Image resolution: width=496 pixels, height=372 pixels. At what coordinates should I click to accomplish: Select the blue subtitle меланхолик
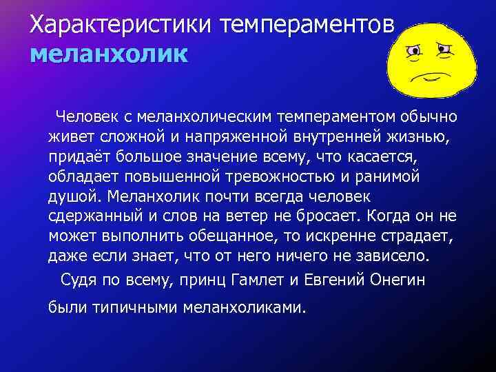(x=108, y=53)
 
